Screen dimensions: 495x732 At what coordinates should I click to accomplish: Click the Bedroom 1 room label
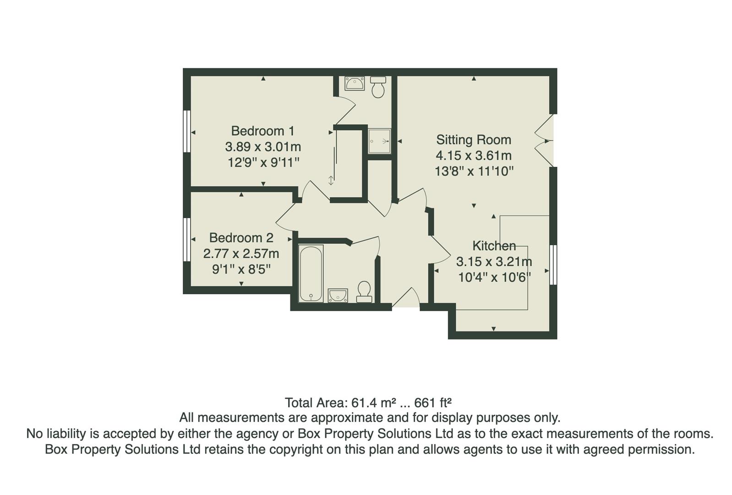(x=262, y=131)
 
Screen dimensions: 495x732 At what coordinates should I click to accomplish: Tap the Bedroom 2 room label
(x=241, y=238)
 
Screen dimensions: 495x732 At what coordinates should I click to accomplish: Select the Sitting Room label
(x=473, y=140)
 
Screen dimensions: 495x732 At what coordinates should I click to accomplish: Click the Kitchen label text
(x=494, y=246)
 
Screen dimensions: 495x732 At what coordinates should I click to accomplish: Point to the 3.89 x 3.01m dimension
(x=262, y=147)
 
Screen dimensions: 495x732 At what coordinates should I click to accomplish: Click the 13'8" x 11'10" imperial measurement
(x=474, y=171)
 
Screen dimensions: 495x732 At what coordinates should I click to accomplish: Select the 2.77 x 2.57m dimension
(x=241, y=253)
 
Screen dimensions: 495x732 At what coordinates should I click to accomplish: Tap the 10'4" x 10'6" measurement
(x=494, y=277)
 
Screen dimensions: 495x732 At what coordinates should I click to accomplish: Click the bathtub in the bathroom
(x=311, y=274)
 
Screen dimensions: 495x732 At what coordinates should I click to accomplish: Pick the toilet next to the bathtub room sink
(x=364, y=291)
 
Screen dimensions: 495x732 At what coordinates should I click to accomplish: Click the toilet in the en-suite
(x=378, y=87)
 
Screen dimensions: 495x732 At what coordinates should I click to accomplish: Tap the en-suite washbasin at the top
(x=355, y=84)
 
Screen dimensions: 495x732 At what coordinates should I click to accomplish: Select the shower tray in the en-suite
(x=379, y=141)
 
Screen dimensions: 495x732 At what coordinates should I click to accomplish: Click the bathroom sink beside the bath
(x=338, y=295)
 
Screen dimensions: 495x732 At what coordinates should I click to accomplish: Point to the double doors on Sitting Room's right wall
(x=545, y=140)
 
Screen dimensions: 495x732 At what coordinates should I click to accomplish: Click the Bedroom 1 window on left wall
(x=186, y=131)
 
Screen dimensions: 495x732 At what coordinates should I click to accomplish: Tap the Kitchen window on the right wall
(x=553, y=264)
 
